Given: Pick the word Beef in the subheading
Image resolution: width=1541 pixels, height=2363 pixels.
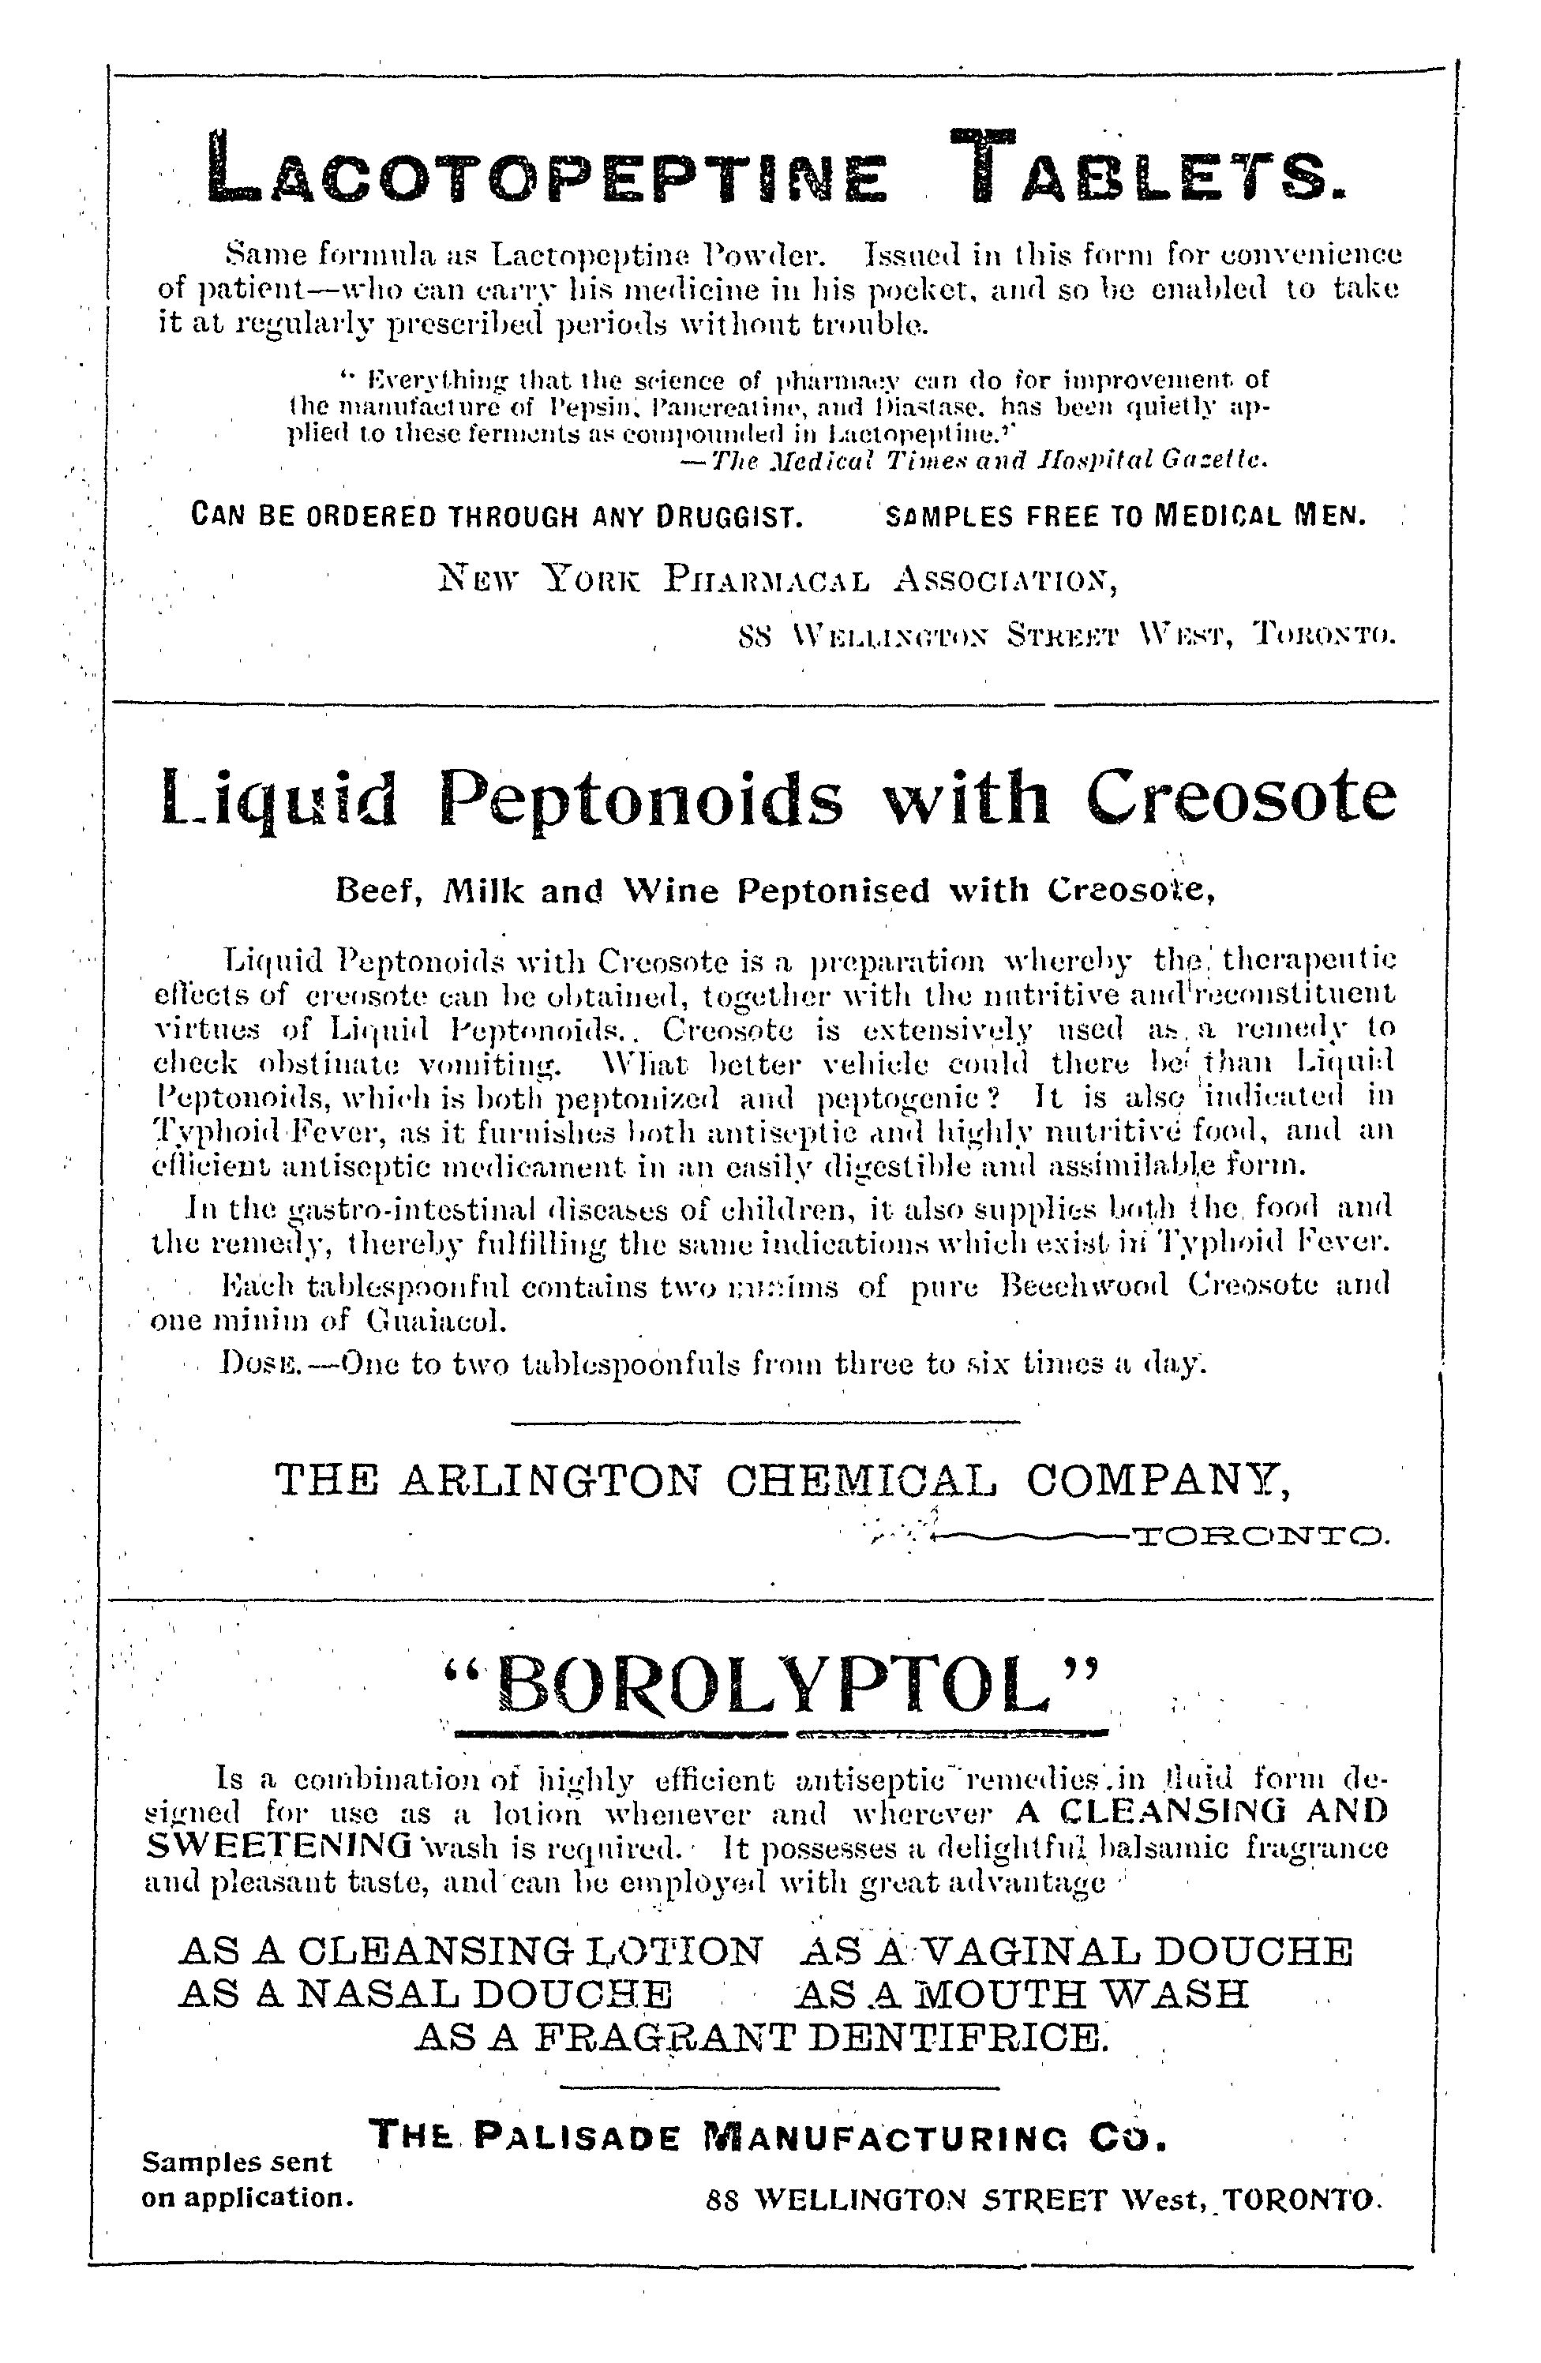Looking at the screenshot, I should click(x=369, y=891).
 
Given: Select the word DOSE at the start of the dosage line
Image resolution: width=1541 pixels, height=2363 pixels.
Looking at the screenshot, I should click(x=254, y=1365).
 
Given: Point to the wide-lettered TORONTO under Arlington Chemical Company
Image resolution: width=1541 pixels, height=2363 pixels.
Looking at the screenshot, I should click(x=1259, y=1540).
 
